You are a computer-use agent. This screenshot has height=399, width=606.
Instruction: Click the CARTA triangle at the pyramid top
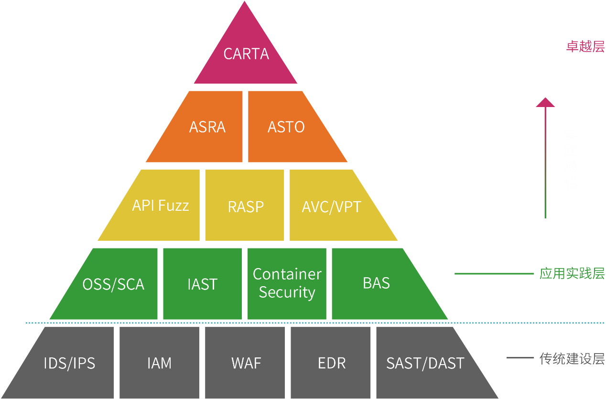[x=246, y=54]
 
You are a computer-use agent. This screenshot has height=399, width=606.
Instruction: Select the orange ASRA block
[x=207, y=127]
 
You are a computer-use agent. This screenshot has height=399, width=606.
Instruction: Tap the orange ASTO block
[x=286, y=127]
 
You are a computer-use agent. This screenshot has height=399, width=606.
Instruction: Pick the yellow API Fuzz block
[x=160, y=205]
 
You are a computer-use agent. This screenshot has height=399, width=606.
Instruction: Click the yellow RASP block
[x=246, y=206]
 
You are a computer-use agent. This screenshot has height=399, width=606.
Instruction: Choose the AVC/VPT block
[x=332, y=206]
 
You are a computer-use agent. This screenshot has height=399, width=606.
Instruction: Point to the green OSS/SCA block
[x=113, y=284]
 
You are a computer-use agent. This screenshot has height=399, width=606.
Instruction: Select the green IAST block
[x=202, y=284]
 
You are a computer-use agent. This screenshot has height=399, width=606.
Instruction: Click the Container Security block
[x=287, y=283]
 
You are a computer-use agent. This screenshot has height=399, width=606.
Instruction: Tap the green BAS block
[x=377, y=283]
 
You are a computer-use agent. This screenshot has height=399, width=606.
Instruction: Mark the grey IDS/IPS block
[x=69, y=363]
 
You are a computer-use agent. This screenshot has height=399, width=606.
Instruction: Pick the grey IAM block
[x=159, y=363]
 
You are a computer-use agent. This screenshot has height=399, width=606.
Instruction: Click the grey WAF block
[x=246, y=363]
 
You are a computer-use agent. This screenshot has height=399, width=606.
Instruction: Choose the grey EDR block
[x=331, y=363]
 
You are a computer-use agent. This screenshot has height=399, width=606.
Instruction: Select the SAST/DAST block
[x=425, y=363]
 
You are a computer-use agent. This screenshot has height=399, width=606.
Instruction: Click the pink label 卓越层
[x=585, y=47]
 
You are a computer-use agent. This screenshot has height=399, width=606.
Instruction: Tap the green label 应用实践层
[x=572, y=274]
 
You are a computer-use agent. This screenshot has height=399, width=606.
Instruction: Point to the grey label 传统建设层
[x=572, y=358]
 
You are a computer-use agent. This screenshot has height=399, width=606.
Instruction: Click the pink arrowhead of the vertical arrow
[x=545, y=102]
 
